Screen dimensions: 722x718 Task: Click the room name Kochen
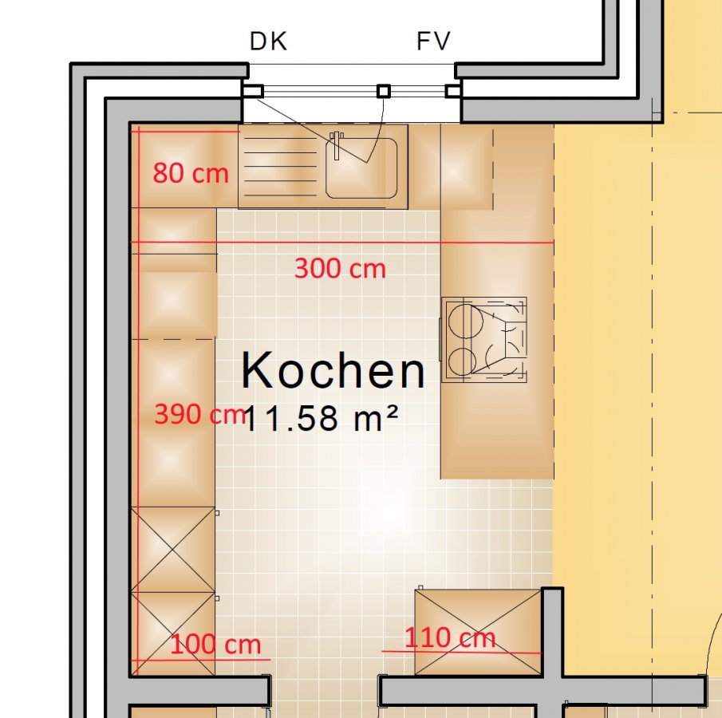click(x=333, y=370)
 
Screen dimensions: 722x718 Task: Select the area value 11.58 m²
click(x=321, y=418)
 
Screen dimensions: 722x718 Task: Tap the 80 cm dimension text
click(x=191, y=173)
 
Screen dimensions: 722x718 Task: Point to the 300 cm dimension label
click(x=340, y=268)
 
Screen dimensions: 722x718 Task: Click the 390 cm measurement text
click(x=200, y=413)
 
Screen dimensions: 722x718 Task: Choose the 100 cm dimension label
click(x=215, y=644)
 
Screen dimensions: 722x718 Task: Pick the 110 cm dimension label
click(x=450, y=637)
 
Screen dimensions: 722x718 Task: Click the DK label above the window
click(x=268, y=41)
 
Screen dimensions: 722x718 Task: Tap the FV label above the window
click(x=433, y=41)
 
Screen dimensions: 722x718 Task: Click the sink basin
click(x=361, y=168)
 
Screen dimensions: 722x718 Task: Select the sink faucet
click(x=337, y=144)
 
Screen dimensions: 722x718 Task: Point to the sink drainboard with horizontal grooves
click(x=281, y=167)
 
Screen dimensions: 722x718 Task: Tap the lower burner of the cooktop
click(x=462, y=361)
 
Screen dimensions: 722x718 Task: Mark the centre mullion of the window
click(x=384, y=91)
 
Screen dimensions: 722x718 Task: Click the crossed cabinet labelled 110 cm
click(x=479, y=632)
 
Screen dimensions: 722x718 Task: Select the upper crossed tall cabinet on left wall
click(x=172, y=550)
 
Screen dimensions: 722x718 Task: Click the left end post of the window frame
click(x=253, y=91)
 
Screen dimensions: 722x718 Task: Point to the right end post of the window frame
click(x=453, y=91)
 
